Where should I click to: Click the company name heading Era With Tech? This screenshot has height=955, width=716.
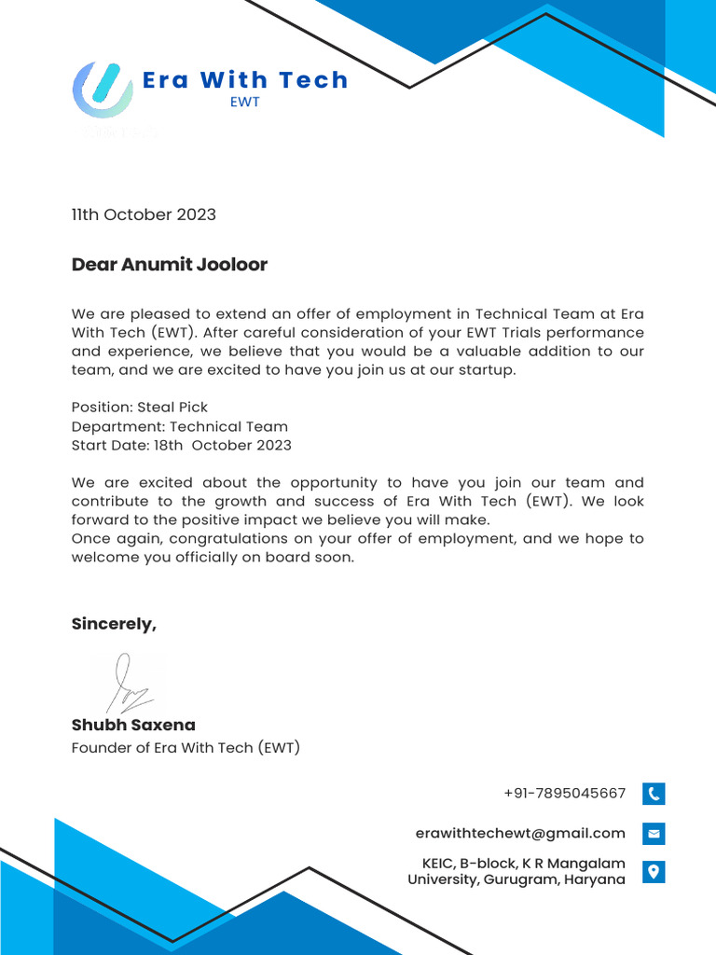click(x=245, y=80)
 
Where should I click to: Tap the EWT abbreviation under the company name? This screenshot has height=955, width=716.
click(x=244, y=103)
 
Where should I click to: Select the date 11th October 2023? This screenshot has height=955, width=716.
click(x=144, y=215)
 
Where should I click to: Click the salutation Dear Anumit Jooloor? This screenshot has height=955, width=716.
click(x=169, y=265)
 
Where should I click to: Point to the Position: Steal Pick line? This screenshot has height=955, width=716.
click(x=140, y=408)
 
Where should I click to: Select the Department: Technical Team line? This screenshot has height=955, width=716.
click(x=180, y=426)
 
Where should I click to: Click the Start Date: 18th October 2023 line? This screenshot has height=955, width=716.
click(x=181, y=445)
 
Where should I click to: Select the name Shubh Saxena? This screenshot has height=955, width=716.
click(x=133, y=725)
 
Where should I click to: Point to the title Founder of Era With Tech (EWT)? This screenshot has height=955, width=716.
click(x=186, y=747)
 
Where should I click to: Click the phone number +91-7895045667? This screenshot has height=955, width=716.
click(x=564, y=794)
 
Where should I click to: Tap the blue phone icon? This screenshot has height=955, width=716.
click(x=654, y=794)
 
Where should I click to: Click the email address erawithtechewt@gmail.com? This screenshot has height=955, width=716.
click(x=520, y=833)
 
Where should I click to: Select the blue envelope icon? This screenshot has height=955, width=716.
click(x=654, y=833)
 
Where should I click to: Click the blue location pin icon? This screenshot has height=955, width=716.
click(x=654, y=872)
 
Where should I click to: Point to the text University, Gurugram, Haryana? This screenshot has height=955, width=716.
click(x=516, y=879)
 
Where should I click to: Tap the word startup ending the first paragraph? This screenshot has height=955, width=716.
click(x=486, y=370)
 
